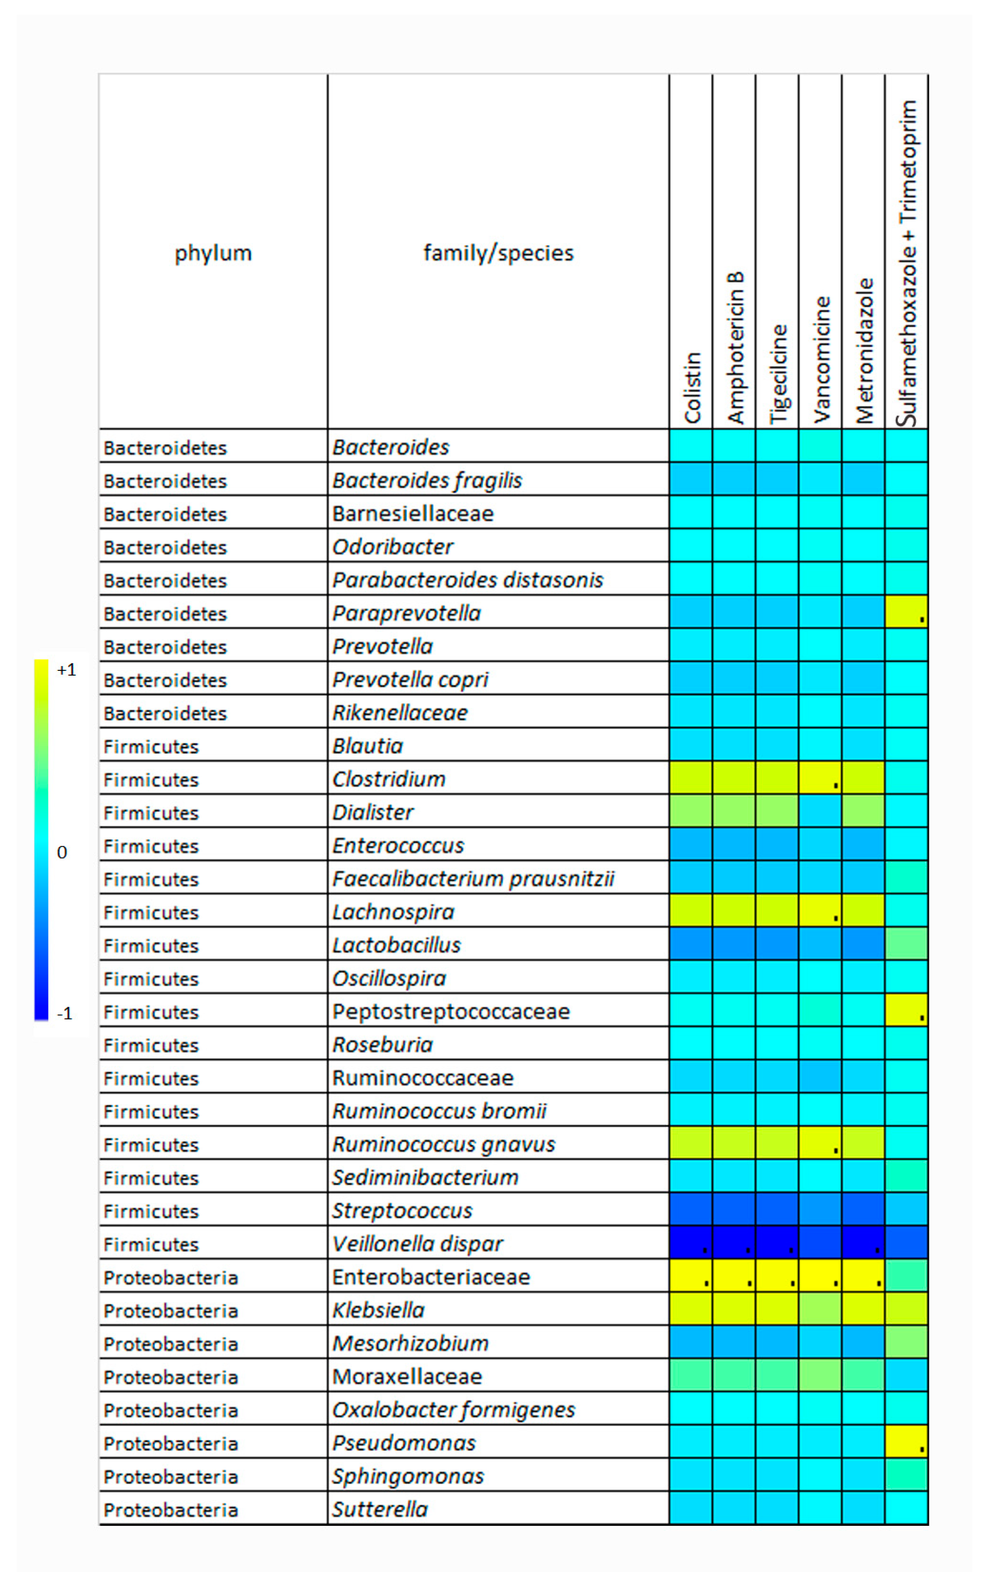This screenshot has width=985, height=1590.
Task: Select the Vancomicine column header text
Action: [x=821, y=359]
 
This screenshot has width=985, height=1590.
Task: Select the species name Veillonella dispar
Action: [x=417, y=1243]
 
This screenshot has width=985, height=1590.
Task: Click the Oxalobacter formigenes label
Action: [x=453, y=1410]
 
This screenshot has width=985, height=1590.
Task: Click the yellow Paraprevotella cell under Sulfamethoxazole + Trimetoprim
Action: [x=906, y=612]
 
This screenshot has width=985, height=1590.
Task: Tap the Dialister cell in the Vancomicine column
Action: [x=820, y=811]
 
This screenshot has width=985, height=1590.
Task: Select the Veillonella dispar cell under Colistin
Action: [x=691, y=1243]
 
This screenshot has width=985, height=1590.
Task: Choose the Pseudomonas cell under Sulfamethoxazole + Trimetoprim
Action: [x=906, y=1442]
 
